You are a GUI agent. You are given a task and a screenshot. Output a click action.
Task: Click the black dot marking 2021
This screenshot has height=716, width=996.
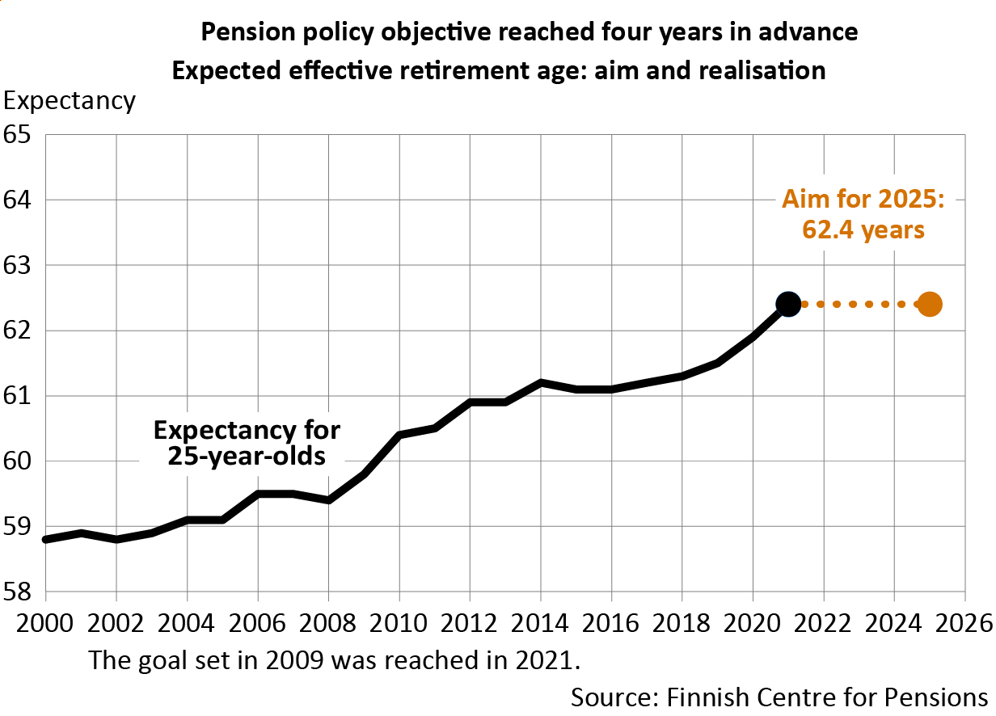point(788,304)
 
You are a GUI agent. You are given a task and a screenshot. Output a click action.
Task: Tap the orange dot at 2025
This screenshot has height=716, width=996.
point(930,304)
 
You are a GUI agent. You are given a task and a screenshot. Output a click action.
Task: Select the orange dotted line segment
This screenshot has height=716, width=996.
point(859,304)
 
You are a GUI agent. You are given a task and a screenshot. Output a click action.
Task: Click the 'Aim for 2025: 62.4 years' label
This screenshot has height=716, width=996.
point(863,214)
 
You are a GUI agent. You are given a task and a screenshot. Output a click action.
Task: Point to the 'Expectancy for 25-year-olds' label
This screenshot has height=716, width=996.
point(247,443)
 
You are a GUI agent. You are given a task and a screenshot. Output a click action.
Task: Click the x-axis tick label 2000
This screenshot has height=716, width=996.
point(45,624)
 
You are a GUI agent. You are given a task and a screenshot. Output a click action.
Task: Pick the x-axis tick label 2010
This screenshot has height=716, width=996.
point(399,624)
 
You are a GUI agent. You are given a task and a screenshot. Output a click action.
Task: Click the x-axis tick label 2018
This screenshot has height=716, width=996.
point(682,624)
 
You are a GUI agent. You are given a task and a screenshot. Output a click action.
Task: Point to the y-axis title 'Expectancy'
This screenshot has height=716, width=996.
point(70,101)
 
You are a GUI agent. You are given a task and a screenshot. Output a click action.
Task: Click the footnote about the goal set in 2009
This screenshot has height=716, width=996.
point(335,659)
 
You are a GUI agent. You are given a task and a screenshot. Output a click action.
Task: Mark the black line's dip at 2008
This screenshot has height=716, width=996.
point(328,500)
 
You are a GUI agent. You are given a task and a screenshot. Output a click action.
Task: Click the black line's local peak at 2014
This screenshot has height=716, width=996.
point(541,382)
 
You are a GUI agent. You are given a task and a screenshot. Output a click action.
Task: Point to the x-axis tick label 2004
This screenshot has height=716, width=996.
point(187,624)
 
